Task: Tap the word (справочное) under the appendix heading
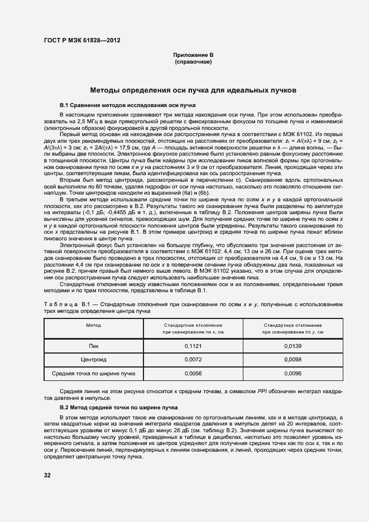[193, 62]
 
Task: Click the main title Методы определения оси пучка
[193, 90]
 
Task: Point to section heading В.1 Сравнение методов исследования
[127, 105]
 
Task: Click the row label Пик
[93, 346]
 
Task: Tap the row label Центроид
[93, 360]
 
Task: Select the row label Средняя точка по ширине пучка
[93, 374]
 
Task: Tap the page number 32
[48, 475]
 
